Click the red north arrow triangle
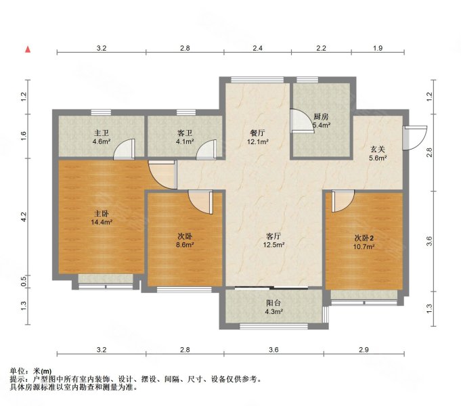(28, 49)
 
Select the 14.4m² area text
(102, 222)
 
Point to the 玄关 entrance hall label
(378, 150)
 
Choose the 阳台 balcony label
(273, 303)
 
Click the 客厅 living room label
(273, 235)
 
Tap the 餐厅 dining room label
(257, 133)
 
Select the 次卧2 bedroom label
(364, 238)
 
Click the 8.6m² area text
(185, 245)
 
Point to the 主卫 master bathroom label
(102, 133)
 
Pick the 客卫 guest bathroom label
(185, 133)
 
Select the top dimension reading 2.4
(257, 48)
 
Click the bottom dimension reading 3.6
(273, 350)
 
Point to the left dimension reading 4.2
(24, 217)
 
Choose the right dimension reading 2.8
(430, 152)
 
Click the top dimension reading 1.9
(378, 48)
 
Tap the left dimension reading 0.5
(24, 281)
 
